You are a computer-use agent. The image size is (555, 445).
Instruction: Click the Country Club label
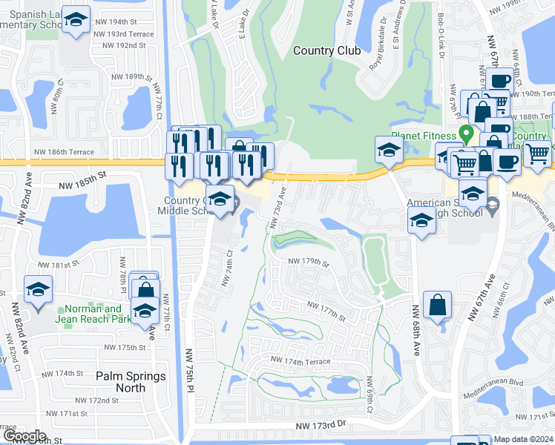coord(326,50)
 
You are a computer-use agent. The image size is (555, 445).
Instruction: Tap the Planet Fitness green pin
coord(467,134)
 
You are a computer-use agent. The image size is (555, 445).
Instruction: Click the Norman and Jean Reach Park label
coord(92,314)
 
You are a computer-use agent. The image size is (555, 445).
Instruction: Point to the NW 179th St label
coord(308,262)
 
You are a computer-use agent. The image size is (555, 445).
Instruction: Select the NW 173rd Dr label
coord(321,426)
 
